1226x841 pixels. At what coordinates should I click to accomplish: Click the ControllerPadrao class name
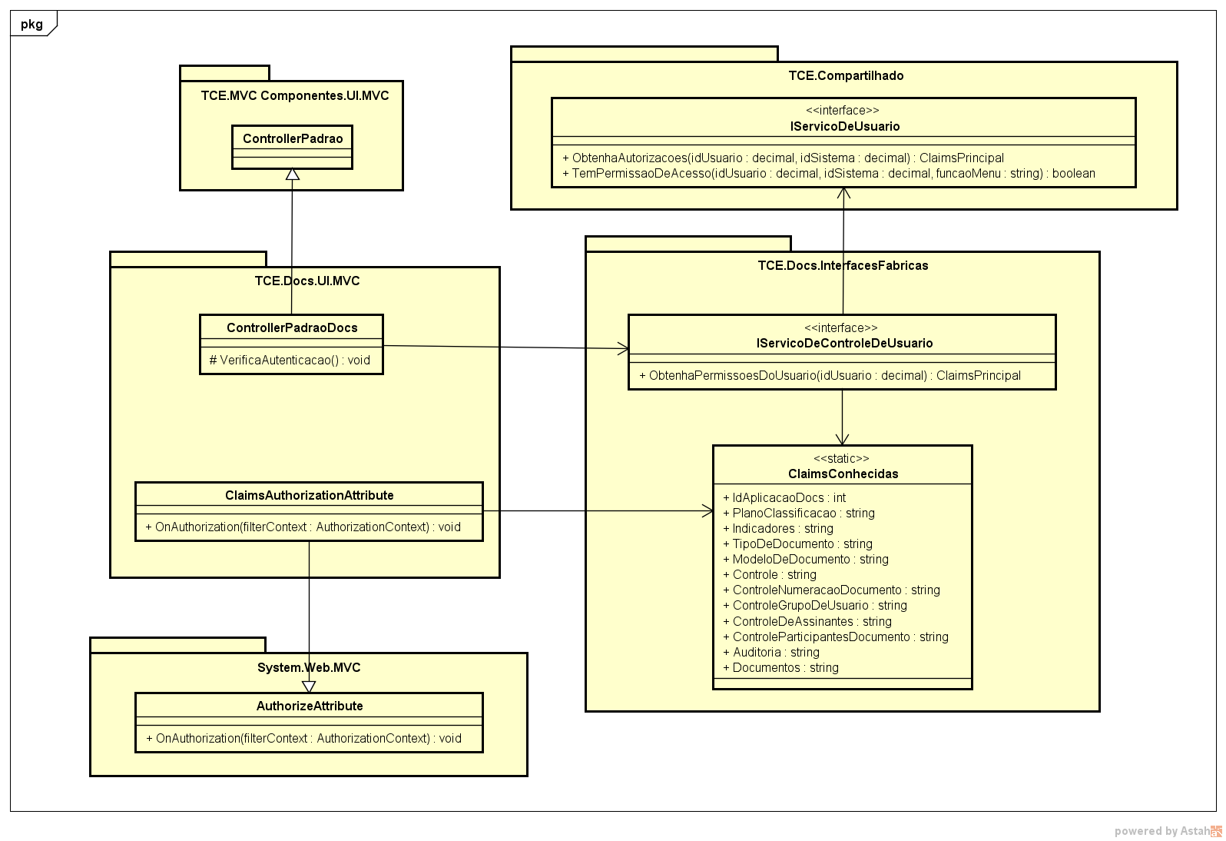pyautogui.click(x=293, y=139)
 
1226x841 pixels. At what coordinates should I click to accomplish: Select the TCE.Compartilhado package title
pyautogui.click(x=846, y=75)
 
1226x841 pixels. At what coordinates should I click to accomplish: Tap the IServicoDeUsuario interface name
pyautogui.click(x=844, y=126)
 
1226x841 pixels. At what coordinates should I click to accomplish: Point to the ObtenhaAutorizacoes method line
pyautogui.click(x=784, y=158)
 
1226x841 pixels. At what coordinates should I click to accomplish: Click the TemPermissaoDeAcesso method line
pyautogui.click(x=829, y=173)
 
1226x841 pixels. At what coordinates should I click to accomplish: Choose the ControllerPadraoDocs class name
pyautogui.click(x=292, y=327)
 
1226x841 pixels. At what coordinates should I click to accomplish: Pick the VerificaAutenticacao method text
pyautogui.click(x=290, y=360)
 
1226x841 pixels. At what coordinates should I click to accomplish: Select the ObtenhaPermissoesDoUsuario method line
pyautogui.click(x=830, y=375)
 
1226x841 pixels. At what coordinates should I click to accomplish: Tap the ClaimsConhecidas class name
pyautogui.click(x=843, y=474)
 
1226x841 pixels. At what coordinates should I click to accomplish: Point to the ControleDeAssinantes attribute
pyautogui.click(x=807, y=621)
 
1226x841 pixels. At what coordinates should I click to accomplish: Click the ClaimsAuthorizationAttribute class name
pyautogui.click(x=310, y=495)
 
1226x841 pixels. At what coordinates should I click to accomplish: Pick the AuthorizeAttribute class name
pyautogui.click(x=310, y=706)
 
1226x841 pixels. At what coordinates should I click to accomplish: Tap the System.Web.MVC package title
pyautogui.click(x=309, y=667)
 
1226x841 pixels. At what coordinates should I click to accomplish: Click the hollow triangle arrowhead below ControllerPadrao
pyautogui.click(x=292, y=175)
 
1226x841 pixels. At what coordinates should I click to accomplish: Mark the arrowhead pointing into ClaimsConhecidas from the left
pyautogui.click(x=707, y=510)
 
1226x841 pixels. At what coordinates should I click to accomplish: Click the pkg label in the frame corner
pyautogui.click(x=31, y=24)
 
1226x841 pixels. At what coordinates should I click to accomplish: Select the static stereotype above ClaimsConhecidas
pyautogui.click(x=842, y=458)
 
